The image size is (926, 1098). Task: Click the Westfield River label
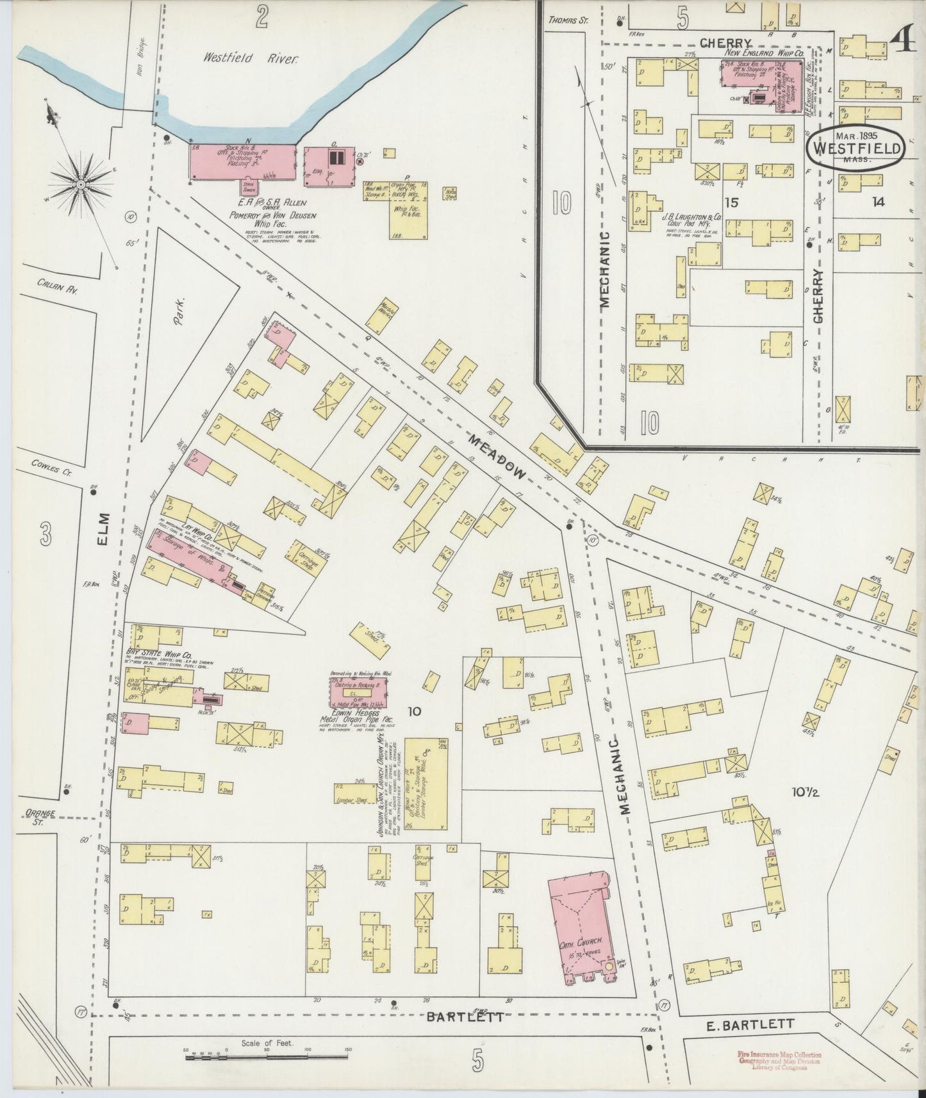pyautogui.click(x=251, y=58)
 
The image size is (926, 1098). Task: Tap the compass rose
pyautogui.click(x=81, y=184)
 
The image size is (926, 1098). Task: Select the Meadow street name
pyautogui.click(x=497, y=455)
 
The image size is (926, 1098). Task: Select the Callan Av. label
pyautogui.click(x=56, y=289)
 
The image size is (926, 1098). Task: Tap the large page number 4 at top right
pyautogui.click(x=902, y=44)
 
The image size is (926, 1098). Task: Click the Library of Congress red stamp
pyautogui.click(x=779, y=1060)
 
